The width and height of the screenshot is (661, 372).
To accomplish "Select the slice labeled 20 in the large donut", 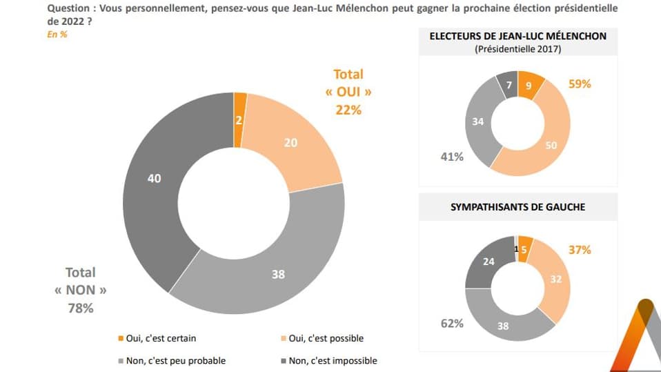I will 290,144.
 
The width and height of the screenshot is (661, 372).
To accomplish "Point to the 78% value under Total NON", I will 80,309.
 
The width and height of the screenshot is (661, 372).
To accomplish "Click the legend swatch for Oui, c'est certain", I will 121,338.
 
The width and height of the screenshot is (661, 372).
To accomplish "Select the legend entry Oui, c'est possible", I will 323,338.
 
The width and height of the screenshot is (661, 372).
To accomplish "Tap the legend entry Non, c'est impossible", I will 331,360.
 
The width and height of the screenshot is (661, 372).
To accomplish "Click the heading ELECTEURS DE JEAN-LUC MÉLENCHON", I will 518,36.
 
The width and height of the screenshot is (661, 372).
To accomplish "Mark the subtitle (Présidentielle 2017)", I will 517,49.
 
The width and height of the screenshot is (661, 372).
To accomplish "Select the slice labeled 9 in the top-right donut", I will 528,86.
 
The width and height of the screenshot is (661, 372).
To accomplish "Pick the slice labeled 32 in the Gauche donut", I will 555,280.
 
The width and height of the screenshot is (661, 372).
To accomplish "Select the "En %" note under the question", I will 57,35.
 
